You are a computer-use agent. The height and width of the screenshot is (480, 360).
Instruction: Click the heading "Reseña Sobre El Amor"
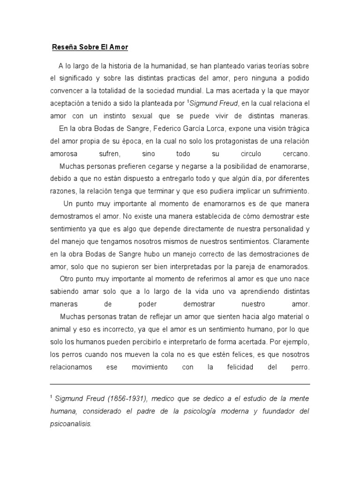click(x=90, y=47)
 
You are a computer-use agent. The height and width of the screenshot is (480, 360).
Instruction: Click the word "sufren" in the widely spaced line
click(x=110, y=153)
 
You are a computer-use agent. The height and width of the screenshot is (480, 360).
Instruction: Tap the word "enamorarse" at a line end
click(x=288, y=166)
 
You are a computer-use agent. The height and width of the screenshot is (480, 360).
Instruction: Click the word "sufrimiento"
click(x=287, y=191)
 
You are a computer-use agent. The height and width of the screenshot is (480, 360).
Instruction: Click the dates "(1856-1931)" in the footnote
click(x=123, y=398)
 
